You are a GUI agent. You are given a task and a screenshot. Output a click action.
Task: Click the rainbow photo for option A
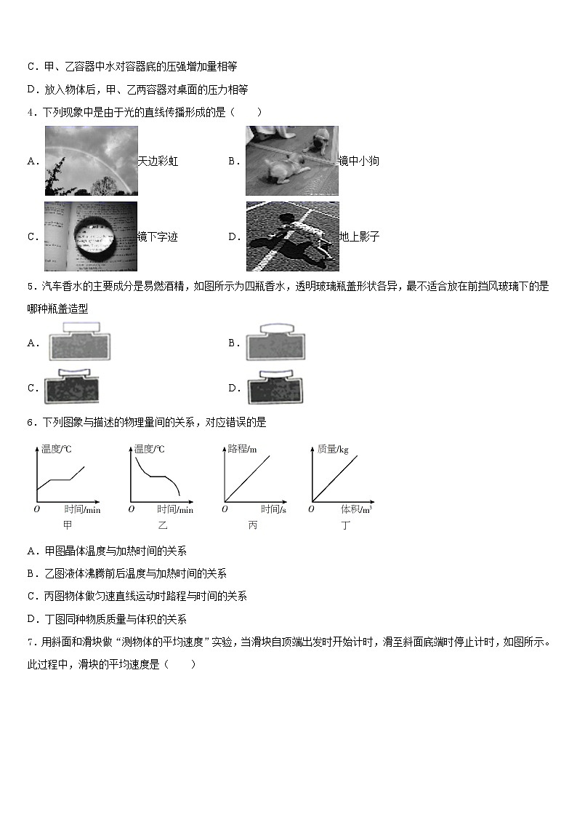pos(91,161)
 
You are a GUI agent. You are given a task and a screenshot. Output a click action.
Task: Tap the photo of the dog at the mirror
pos(291,161)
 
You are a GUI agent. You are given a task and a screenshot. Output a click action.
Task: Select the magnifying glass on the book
pos(91,236)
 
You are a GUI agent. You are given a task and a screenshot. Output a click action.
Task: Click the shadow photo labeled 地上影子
pos(292,236)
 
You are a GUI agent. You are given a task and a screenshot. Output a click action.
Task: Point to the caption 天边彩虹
pos(158,162)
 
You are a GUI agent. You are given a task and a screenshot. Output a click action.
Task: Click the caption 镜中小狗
pos(359,162)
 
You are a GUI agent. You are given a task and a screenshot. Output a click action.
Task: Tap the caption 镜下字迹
pos(158,236)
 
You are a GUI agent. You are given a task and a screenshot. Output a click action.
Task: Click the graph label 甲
pos(68,525)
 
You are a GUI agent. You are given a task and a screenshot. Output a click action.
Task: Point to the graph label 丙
pos(252,525)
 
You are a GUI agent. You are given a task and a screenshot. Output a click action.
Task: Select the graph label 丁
pos(345,525)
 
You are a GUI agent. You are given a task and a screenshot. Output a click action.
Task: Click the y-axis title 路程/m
pos(243,450)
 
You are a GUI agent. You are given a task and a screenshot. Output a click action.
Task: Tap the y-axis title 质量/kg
pos(333,450)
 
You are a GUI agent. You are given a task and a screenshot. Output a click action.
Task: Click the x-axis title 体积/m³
pos(357,509)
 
